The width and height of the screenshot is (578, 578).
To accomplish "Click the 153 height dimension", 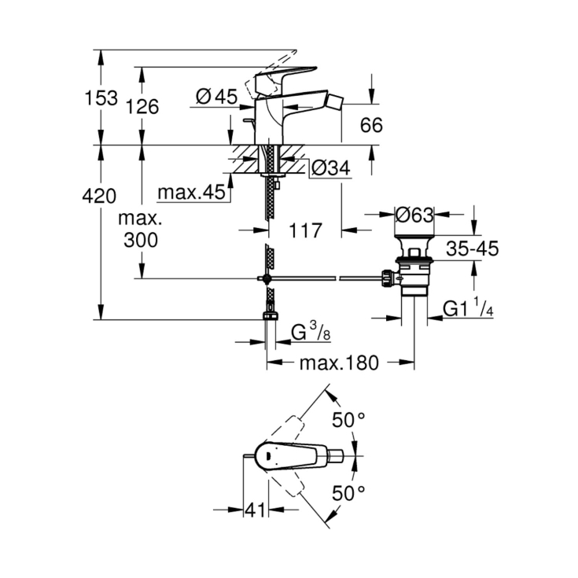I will click(x=102, y=98).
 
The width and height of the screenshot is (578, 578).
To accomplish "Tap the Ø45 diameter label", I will click(x=215, y=96).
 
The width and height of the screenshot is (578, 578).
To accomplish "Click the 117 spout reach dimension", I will click(x=306, y=231).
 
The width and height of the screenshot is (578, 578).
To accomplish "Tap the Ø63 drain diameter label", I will click(x=414, y=213).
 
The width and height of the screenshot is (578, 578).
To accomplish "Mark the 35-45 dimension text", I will click(x=472, y=249).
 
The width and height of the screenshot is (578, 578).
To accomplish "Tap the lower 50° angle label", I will click(x=348, y=493).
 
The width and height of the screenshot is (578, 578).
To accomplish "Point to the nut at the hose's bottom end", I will click(x=270, y=317).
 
